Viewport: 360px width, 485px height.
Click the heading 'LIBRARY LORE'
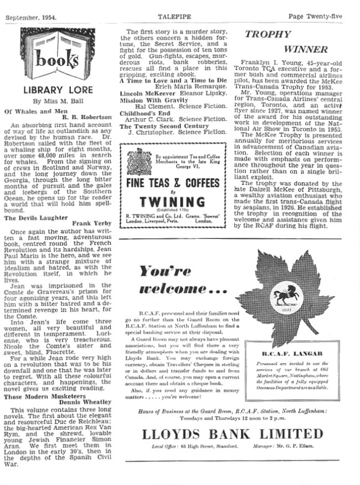57,90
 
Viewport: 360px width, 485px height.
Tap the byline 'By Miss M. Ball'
58,101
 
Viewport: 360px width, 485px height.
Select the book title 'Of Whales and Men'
32,111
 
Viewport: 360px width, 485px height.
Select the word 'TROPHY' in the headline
268,35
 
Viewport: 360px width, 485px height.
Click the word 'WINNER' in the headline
306,49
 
